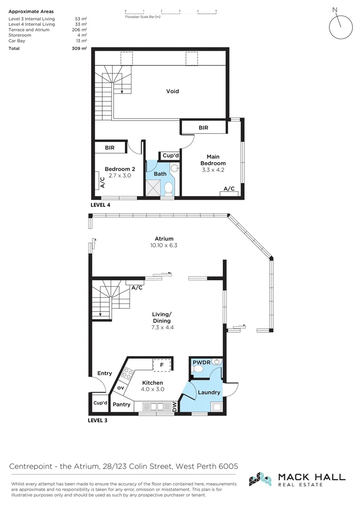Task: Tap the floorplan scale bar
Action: coord(171,10)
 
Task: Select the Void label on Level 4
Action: coord(172,91)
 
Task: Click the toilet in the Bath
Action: coord(169,189)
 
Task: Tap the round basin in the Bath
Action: coord(175,167)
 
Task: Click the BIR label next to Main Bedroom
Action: coord(203,128)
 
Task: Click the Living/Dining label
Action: coord(162,317)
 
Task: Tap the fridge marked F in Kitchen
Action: coord(161,365)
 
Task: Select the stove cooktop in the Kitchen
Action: coord(127,374)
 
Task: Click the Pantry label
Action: coord(122,404)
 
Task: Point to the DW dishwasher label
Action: coord(174,406)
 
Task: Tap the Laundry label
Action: coord(209,392)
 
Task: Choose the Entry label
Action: coord(105,373)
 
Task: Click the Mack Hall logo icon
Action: coord(260,478)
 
